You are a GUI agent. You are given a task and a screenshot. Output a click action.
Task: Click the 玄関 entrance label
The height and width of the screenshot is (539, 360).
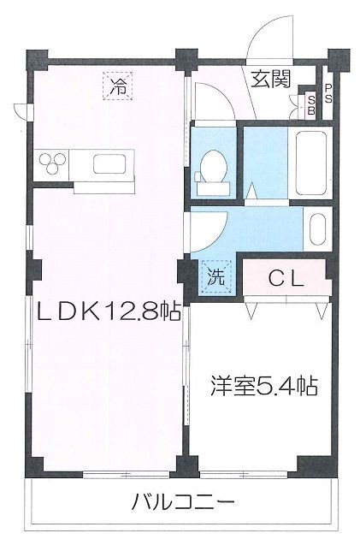tap(271, 80)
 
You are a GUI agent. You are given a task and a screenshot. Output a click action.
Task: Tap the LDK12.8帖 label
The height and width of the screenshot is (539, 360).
tap(109, 311)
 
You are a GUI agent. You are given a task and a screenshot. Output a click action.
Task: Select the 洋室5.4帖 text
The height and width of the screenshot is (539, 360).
tap(264, 387)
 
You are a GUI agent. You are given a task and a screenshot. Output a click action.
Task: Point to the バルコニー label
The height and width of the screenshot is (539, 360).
tap(184, 502)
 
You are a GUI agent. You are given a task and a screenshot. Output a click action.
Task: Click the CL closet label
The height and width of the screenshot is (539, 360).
tap(286, 279)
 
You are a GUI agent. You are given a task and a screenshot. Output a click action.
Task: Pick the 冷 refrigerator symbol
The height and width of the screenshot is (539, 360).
tap(117, 86)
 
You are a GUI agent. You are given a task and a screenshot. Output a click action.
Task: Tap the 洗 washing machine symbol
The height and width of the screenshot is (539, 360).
tap(216, 276)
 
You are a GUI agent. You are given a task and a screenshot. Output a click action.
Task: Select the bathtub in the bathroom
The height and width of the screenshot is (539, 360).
tap(311, 163)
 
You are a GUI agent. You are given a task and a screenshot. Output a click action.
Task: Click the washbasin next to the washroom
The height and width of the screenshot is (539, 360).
tap(319, 229)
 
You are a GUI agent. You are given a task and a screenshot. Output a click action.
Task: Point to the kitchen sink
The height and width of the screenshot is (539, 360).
tap(109, 164)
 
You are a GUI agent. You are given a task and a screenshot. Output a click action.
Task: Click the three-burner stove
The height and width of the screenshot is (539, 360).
tap(52, 163)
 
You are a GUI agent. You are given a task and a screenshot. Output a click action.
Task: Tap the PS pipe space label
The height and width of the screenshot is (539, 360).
tap(328, 94)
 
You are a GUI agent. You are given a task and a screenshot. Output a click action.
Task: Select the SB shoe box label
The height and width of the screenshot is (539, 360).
tap(312, 105)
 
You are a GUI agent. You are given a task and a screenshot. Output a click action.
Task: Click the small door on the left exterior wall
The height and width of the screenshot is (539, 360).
tap(23, 111)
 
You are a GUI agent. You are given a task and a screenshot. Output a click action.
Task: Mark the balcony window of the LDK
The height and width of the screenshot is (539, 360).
tap(126, 474)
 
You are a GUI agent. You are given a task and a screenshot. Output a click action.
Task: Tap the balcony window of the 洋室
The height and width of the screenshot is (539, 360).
tap(244, 474)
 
